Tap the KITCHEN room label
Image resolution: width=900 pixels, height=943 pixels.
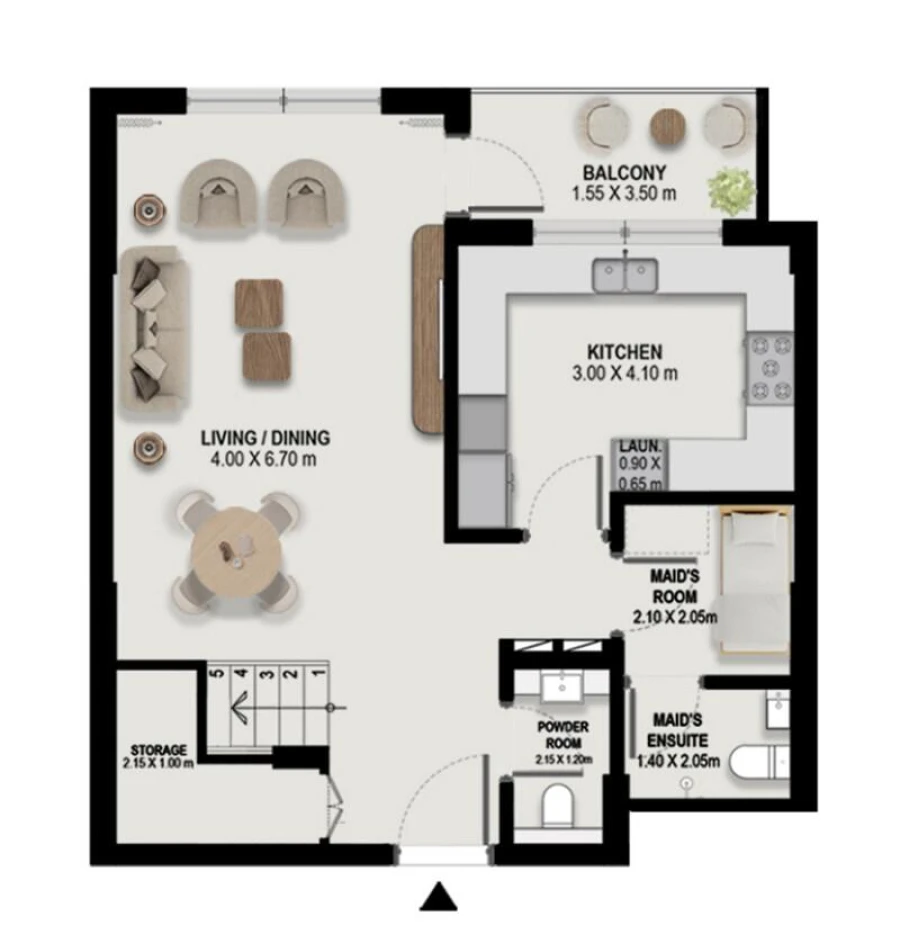point(623,352)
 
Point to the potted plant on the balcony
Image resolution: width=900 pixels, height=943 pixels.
point(733,188)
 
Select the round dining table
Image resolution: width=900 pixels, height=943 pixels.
point(237,549)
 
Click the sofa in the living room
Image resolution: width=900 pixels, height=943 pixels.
point(151,330)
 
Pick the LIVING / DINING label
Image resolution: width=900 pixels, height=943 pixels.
point(265,438)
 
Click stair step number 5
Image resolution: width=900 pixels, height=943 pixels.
point(216,673)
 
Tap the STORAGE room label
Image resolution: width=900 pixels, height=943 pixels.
point(158,750)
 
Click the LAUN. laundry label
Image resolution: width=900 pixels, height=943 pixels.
point(638,447)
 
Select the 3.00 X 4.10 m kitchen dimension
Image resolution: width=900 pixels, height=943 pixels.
point(623,374)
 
